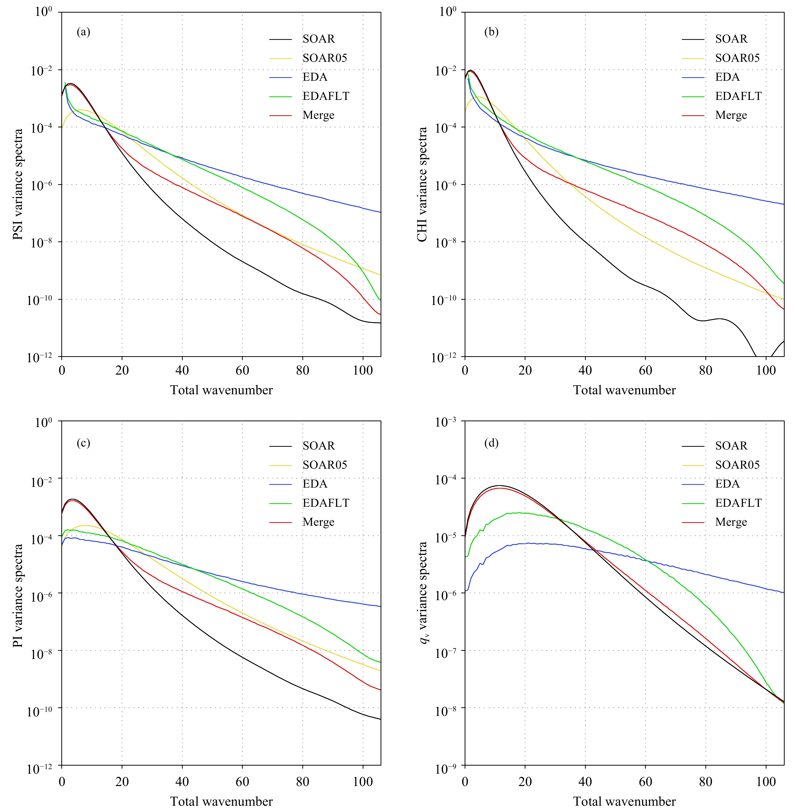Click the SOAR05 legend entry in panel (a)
tap(324, 58)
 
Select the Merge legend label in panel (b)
tap(731, 115)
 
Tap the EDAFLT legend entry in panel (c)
tap(326, 503)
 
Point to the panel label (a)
tap(84, 32)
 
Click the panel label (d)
tap(491, 443)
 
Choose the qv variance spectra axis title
tap(423, 593)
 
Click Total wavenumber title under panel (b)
tap(624, 390)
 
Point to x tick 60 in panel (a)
tap(242, 370)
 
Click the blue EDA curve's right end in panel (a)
tap(380, 212)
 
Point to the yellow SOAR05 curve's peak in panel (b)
tap(478, 97)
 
